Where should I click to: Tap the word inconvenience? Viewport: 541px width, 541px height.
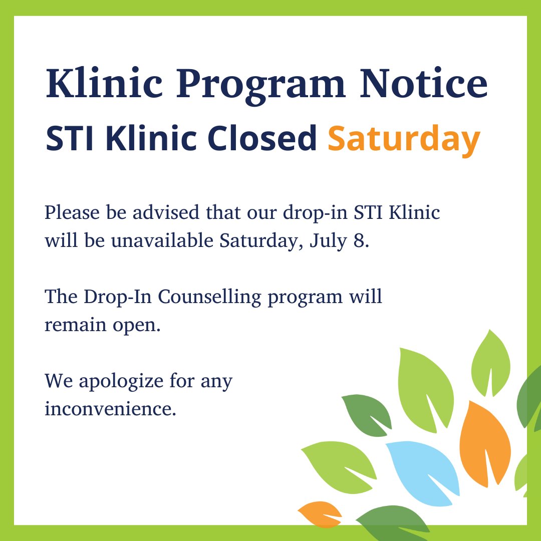click(110, 409)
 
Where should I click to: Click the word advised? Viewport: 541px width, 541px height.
click(158, 213)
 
